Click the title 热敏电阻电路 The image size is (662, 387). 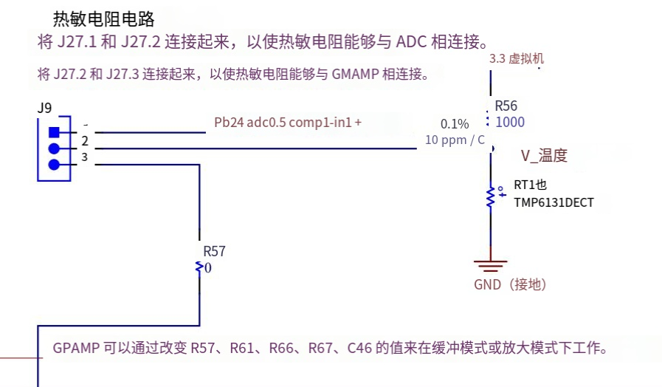pyautogui.click(x=103, y=18)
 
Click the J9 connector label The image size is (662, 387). pyautogui.click(x=44, y=108)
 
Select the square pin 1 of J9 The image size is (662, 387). pyautogui.click(x=54, y=133)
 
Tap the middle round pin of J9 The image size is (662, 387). pyautogui.click(x=54, y=148)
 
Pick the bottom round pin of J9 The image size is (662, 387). pyautogui.click(x=54, y=164)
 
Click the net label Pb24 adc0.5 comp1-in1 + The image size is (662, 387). pyautogui.click(x=288, y=123)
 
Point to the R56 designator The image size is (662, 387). pyautogui.click(x=506, y=106)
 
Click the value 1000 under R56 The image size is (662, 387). pyautogui.click(x=510, y=123)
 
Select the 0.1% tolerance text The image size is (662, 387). pyautogui.click(x=455, y=123)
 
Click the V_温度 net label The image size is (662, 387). pyautogui.click(x=544, y=155)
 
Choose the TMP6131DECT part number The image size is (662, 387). pyautogui.click(x=554, y=202)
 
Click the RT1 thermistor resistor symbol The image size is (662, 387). pyautogui.click(x=490, y=196)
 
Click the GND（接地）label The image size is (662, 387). pyautogui.click(x=510, y=284)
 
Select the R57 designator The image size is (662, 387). pyautogui.click(x=214, y=251)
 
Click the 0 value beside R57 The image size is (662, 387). pyautogui.click(x=208, y=268)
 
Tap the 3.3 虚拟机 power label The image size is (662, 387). pyautogui.click(x=517, y=58)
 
